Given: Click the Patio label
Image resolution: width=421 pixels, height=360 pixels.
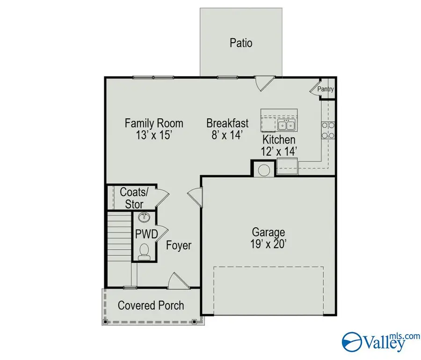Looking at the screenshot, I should click(x=241, y=43).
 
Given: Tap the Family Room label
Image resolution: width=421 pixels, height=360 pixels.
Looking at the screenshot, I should click(x=154, y=123).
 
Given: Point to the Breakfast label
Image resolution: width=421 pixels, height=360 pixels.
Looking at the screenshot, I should click(x=227, y=123).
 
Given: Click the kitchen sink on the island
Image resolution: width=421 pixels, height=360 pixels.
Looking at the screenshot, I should click(x=285, y=125).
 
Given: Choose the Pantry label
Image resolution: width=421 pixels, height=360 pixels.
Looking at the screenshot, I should click(x=326, y=89).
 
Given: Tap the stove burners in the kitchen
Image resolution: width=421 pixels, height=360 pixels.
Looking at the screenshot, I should click(x=327, y=130).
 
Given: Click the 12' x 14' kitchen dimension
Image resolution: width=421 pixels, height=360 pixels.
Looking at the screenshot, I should click(x=279, y=151).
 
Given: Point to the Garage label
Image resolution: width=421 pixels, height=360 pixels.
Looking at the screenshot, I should click(x=269, y=232).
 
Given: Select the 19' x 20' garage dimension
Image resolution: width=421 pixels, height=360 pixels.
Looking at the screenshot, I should click(x=269, y=244).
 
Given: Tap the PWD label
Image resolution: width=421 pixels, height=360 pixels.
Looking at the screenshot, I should click(x=145, y=234).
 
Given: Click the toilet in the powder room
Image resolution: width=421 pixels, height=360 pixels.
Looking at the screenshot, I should click(x=145, y=251).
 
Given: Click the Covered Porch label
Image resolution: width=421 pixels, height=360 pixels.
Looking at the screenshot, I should click(x=151, y=306).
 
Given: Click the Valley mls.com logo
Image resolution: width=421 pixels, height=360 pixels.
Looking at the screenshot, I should click(x=374, y=342).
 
